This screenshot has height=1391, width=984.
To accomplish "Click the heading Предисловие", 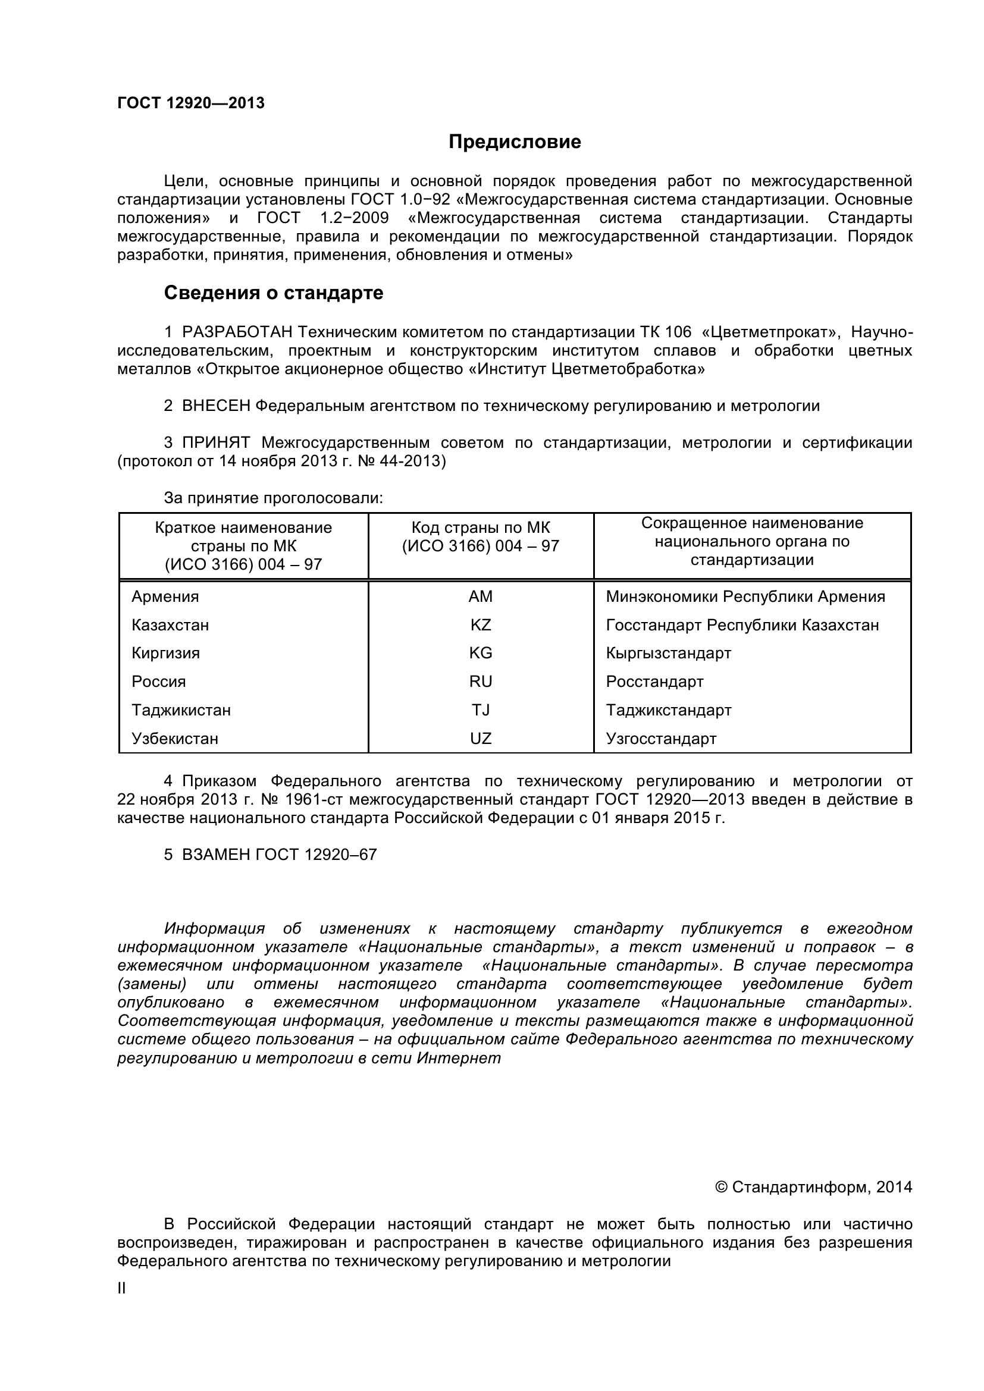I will pos(515,142).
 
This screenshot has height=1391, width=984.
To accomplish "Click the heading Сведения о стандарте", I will pos(273,293).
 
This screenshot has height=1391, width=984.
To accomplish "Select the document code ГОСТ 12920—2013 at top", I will pos(191,103).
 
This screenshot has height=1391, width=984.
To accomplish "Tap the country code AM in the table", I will pos(481,596).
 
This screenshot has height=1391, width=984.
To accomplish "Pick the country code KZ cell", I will pos(481,624).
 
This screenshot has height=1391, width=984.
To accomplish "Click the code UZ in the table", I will pos(481,739).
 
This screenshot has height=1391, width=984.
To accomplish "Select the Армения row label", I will pos(165,596).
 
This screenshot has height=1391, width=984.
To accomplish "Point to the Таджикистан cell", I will pos(181,710).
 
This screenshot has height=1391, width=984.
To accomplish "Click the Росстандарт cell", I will pos(654,682).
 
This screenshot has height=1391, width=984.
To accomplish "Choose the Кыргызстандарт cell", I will pos(668,653).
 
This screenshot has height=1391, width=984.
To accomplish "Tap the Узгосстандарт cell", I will pos(661,739).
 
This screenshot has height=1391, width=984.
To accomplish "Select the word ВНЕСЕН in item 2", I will pos(217,406).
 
